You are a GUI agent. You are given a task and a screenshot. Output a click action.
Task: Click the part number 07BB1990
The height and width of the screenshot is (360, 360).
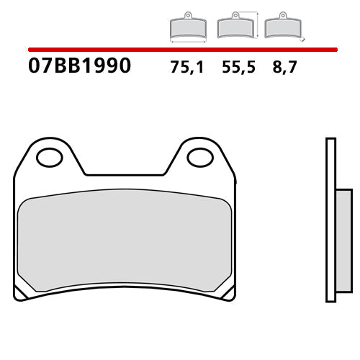(x=79, y=66)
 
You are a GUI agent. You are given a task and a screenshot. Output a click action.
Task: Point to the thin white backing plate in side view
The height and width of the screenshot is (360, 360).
(x=330, y=216)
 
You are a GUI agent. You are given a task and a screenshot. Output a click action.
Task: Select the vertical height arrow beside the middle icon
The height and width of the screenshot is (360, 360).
(x=258, y=24)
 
